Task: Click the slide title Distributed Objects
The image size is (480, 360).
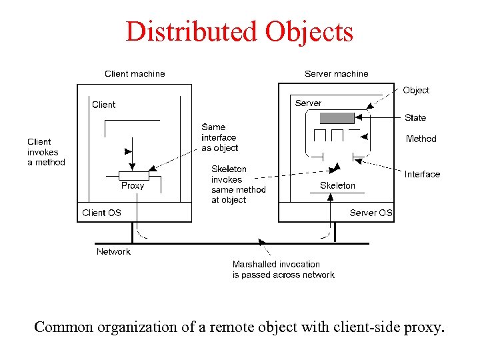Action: click(x=239, y=31)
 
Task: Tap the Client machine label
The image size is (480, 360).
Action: click(x=135, y=74)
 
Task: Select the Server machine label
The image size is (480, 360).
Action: click(x=336, y=74)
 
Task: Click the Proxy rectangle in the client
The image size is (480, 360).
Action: click(x=133, y=175)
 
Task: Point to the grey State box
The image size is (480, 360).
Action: click(x=337, y=118)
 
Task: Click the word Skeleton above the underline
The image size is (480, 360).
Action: click(x=337, y=185)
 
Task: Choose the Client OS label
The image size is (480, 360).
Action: click(x=101, y=213)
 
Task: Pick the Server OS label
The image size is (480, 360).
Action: click(x=371, y=213)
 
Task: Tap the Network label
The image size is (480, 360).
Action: click(x=113, y=251)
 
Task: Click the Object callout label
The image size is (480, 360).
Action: click(x=416, y=90)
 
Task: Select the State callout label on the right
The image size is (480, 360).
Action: click(x=415, y=117)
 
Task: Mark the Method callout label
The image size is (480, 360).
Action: click(x=421, y=139)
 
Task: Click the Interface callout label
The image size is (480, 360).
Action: click(x=422, y=174)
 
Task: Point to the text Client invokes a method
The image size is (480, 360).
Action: click(x=46, y=152)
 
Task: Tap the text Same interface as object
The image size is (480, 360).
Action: click(x=219, y=137)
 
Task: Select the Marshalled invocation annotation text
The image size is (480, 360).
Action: click(x=283, y=269)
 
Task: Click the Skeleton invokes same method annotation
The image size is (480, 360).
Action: click(x=238, y=185)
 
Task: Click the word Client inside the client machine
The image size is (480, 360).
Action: click(x=103, y=105)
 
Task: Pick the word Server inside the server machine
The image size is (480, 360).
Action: click(x=308, y=103)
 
